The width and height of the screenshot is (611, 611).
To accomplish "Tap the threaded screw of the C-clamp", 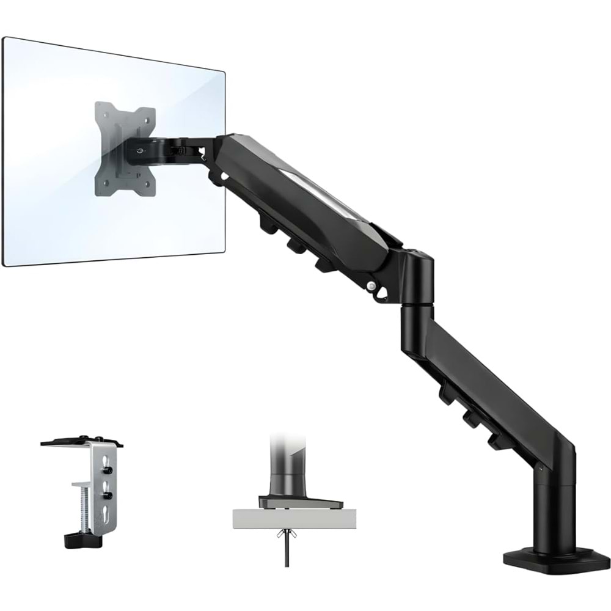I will (x=77, y=507).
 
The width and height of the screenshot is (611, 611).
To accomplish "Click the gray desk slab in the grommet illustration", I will (x=287, y=519).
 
